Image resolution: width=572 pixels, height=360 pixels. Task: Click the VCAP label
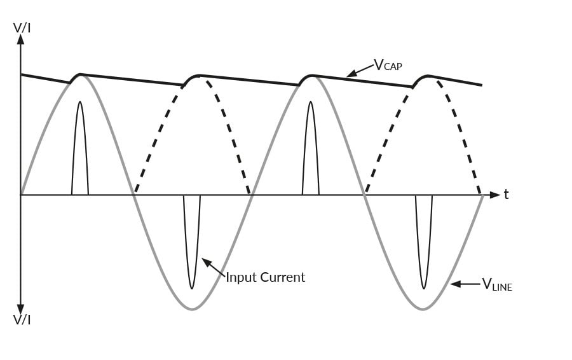tap(387, 65)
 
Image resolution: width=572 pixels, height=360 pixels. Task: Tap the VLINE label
tap(496, 284)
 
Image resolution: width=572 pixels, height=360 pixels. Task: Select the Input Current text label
tap(266, 277)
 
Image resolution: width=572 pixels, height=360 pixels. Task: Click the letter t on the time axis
tap(506, 194)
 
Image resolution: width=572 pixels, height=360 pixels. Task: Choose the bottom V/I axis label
tap(22, 319)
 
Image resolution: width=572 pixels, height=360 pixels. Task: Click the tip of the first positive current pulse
tap(79, 102)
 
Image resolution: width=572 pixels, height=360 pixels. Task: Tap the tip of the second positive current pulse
tap(310, 102)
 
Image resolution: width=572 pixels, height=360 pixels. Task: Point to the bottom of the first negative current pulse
tap(192, 288)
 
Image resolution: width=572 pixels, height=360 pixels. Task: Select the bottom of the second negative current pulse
tap(424, 288)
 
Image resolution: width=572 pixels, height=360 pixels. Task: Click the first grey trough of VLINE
tap(192, 309)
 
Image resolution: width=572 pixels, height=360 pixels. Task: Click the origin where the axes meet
tap(21, 194)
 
